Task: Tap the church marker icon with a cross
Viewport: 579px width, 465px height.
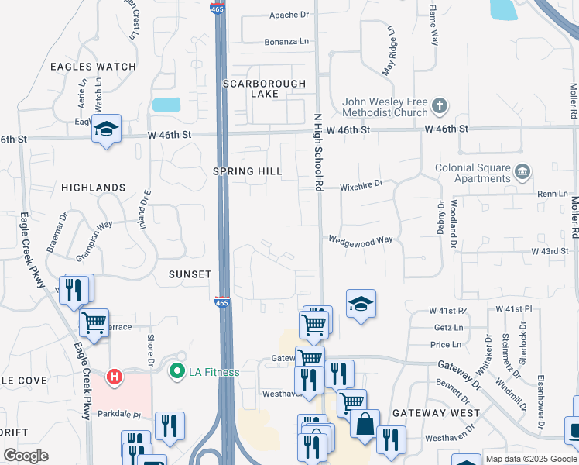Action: pos(440,105)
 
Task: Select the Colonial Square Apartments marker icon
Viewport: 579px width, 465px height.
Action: pos(522,170)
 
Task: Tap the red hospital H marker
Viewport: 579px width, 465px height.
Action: pos(115,377)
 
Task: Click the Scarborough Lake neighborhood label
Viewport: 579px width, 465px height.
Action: pos(264,88)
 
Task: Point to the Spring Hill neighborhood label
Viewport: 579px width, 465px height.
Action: pos(248,170)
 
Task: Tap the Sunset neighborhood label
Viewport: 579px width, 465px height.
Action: pos(190,274)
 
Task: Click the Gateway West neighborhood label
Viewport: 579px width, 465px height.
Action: pos(436,413)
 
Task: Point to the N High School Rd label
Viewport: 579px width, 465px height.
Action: pos(317,152)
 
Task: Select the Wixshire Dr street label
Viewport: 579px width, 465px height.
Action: pos(361,184)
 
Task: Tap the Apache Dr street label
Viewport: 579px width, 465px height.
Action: pos(289,15)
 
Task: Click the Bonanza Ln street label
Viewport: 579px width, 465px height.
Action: pos(286,41)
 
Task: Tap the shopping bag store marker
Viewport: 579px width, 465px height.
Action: pos(364,424)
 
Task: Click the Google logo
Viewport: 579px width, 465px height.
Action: pos(26,456)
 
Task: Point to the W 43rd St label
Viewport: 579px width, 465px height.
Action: pos(550,251)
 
